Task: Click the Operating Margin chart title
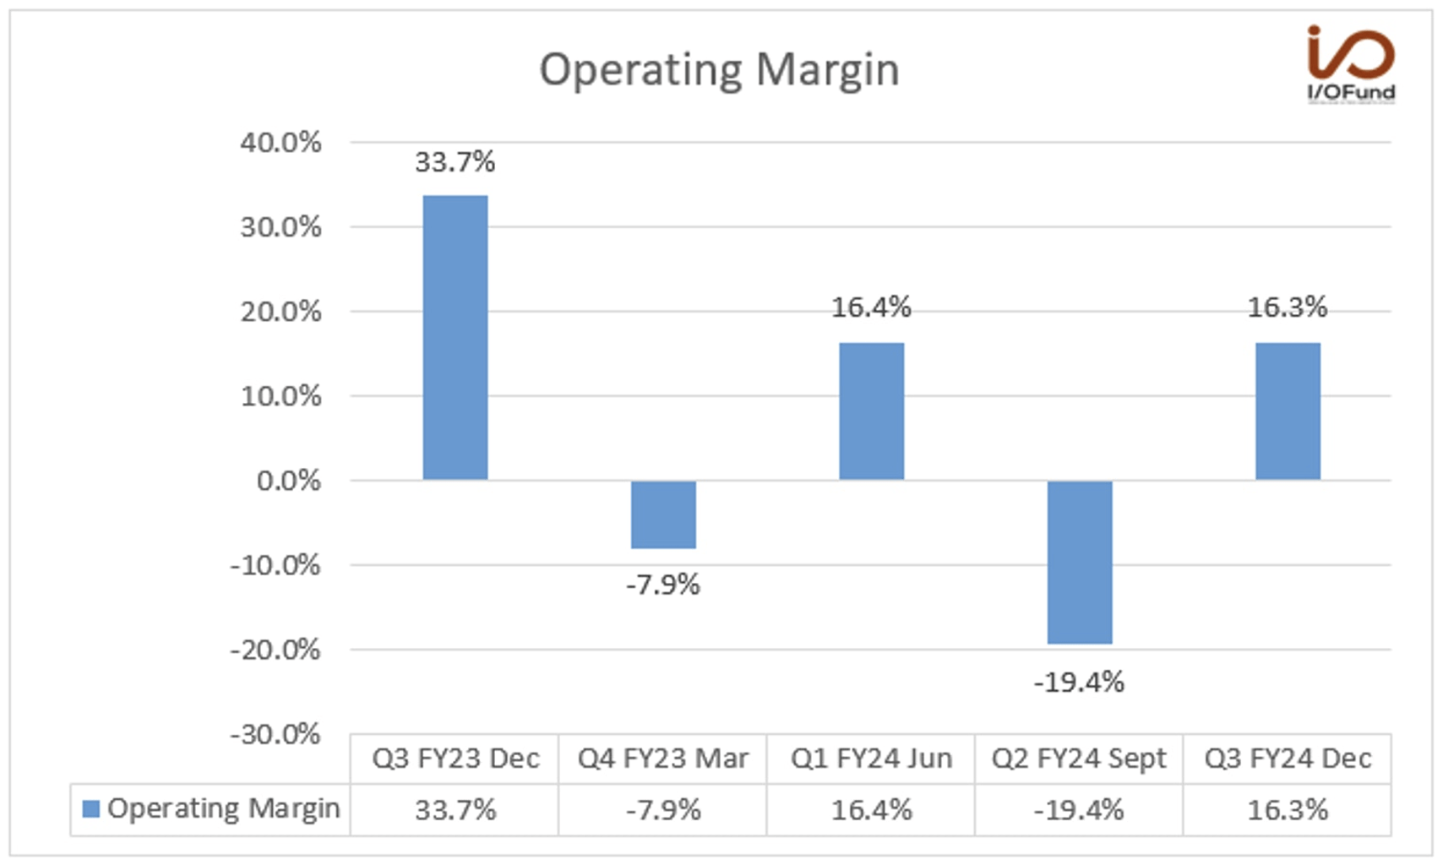[719, 69]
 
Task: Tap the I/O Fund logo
[1350, 64]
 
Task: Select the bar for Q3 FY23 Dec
[455, 338]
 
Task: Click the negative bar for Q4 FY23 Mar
[663, 514]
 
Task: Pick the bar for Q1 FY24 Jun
[871, 411]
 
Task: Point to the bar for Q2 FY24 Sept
[1079, 563]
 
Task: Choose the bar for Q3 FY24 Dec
[1288, 411]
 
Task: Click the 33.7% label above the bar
[455, 161]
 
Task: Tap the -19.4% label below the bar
[1079, 682]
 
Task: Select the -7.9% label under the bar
[663, 585]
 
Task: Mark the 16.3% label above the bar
[1288, 307]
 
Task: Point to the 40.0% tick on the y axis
[280, 142]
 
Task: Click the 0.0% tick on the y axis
[288, 481]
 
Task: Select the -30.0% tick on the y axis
[275, 734]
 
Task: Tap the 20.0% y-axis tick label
[280, 312]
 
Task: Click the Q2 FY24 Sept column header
[1079, 759]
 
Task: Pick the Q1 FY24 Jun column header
[871, 759]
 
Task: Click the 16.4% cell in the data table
[871, 810]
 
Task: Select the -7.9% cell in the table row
[663, 810]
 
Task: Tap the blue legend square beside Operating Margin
[90, 809]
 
